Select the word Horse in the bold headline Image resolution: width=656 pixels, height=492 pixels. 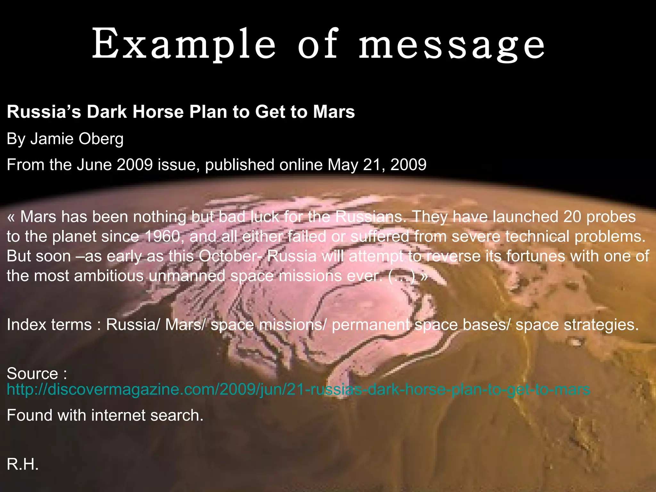pyautogui.click(x=158, y=112)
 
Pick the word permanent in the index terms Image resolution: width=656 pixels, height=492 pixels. pyautogui.click(x=371, y=325)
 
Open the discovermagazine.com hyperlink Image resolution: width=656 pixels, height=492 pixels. pyautogui.click(x=298, y=389)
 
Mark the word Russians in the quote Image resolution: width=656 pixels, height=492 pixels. pyautogui.click(x=369, y=217)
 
